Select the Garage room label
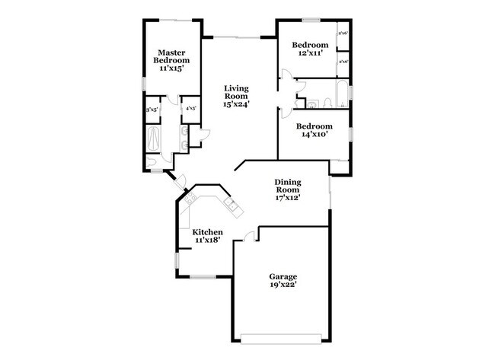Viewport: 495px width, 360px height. point(283,276)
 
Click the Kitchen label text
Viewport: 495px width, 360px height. point(207,232)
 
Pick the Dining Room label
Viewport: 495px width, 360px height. point(288,186)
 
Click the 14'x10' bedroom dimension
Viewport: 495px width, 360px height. point(314,134)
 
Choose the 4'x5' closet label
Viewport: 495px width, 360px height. point(190,109)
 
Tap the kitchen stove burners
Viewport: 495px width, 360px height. point(190,199)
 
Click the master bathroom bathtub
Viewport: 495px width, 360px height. point(152,139)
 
